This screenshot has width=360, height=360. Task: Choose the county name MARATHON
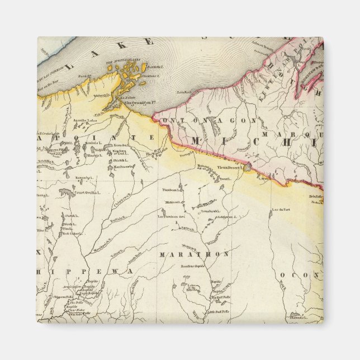(194, 255)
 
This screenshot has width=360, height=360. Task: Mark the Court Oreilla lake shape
(67, 193)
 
